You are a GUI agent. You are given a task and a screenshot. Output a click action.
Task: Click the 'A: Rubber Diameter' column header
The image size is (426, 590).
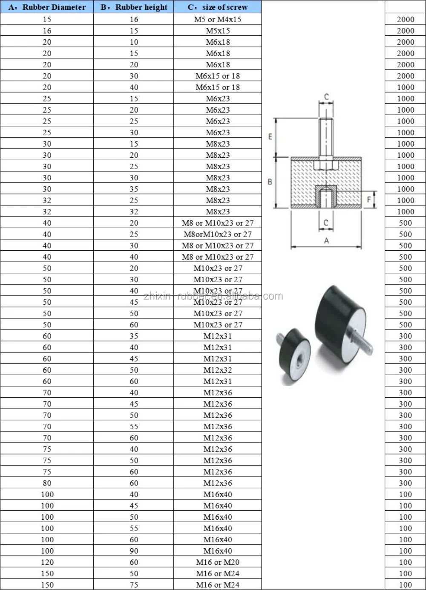coord(47,7)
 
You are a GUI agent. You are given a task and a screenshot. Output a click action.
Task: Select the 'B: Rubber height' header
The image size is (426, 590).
coord(134,7)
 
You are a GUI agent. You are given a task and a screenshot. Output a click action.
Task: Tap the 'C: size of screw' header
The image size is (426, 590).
coord(218,7)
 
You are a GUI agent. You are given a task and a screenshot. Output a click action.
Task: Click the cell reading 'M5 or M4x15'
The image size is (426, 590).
coord(218,19)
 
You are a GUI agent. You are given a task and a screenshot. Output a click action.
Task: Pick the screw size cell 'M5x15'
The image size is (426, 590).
coord(218,31)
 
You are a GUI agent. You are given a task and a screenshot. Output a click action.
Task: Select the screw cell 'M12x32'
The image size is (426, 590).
coord(218,370)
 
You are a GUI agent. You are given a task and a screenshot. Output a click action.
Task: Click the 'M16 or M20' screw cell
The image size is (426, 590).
coord(218,562)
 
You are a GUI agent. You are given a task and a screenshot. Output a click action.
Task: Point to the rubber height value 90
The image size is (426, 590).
coord(134,551)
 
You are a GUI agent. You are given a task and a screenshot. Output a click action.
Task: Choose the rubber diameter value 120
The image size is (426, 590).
coord(47,562)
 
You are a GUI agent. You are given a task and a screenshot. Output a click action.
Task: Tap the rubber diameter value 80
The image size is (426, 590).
coord(47,483)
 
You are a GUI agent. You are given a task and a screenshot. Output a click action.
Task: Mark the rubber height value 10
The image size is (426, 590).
coord(134,42)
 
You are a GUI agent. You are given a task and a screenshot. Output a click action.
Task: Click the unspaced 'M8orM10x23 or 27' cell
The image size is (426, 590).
coord(218,234)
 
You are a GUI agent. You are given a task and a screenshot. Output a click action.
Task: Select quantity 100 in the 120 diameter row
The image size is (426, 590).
coord(405,562)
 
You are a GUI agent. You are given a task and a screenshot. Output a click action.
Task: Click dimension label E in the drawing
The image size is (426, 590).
coord(270,137)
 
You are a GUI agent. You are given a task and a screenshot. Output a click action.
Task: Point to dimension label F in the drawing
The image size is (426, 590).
coord(369,200)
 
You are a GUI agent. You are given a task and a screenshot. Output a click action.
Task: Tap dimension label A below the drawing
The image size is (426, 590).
coord(326,241)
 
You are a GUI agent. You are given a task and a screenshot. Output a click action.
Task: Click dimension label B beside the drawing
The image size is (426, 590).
coord(270,182)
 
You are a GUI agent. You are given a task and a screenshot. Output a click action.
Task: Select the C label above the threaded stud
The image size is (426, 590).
coord(326,97)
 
